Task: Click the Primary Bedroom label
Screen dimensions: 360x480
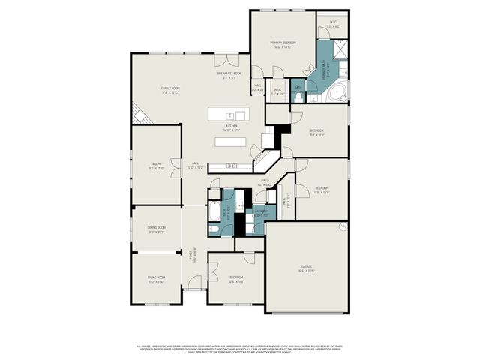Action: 283,43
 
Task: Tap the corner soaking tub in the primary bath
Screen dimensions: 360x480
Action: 337,94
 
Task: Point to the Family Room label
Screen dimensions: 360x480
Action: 171,89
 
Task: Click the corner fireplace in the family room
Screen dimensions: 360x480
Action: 139,114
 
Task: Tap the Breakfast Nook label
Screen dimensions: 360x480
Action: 229,73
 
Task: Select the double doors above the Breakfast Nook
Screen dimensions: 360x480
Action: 224,60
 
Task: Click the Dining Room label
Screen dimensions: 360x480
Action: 156,229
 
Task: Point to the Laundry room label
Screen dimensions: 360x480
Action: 260,213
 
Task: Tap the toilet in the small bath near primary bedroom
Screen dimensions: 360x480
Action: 298,95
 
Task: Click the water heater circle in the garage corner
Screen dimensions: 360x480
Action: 343,226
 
